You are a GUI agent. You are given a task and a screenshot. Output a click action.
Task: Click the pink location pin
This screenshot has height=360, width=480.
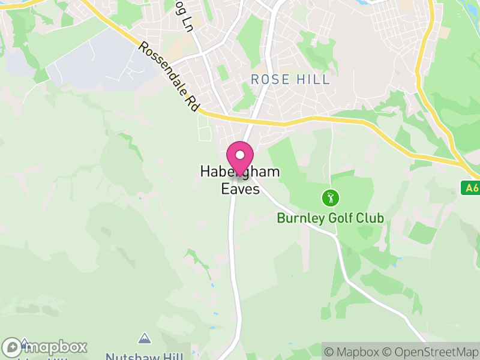coord(240,158)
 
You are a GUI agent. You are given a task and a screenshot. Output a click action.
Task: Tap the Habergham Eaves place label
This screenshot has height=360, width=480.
coord(239,180)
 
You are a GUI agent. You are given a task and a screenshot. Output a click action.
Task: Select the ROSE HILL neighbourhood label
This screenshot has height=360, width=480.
coord(290,79)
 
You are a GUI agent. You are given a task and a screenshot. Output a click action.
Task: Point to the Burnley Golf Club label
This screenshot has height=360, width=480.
coord(330,218)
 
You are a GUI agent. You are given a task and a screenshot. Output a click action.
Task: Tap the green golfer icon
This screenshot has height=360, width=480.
coord(329,197)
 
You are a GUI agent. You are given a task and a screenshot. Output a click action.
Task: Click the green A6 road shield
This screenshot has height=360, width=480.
coord(472,188)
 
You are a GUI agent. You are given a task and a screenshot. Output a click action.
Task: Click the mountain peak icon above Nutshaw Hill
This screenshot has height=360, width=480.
coord(143,338)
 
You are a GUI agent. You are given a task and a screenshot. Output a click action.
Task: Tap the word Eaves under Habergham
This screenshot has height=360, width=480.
coord(239,189)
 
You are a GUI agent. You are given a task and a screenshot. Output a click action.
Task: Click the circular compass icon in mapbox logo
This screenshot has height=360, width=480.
coord(12,347)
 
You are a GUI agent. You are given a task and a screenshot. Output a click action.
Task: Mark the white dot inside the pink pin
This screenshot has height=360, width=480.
coord(240,155)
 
